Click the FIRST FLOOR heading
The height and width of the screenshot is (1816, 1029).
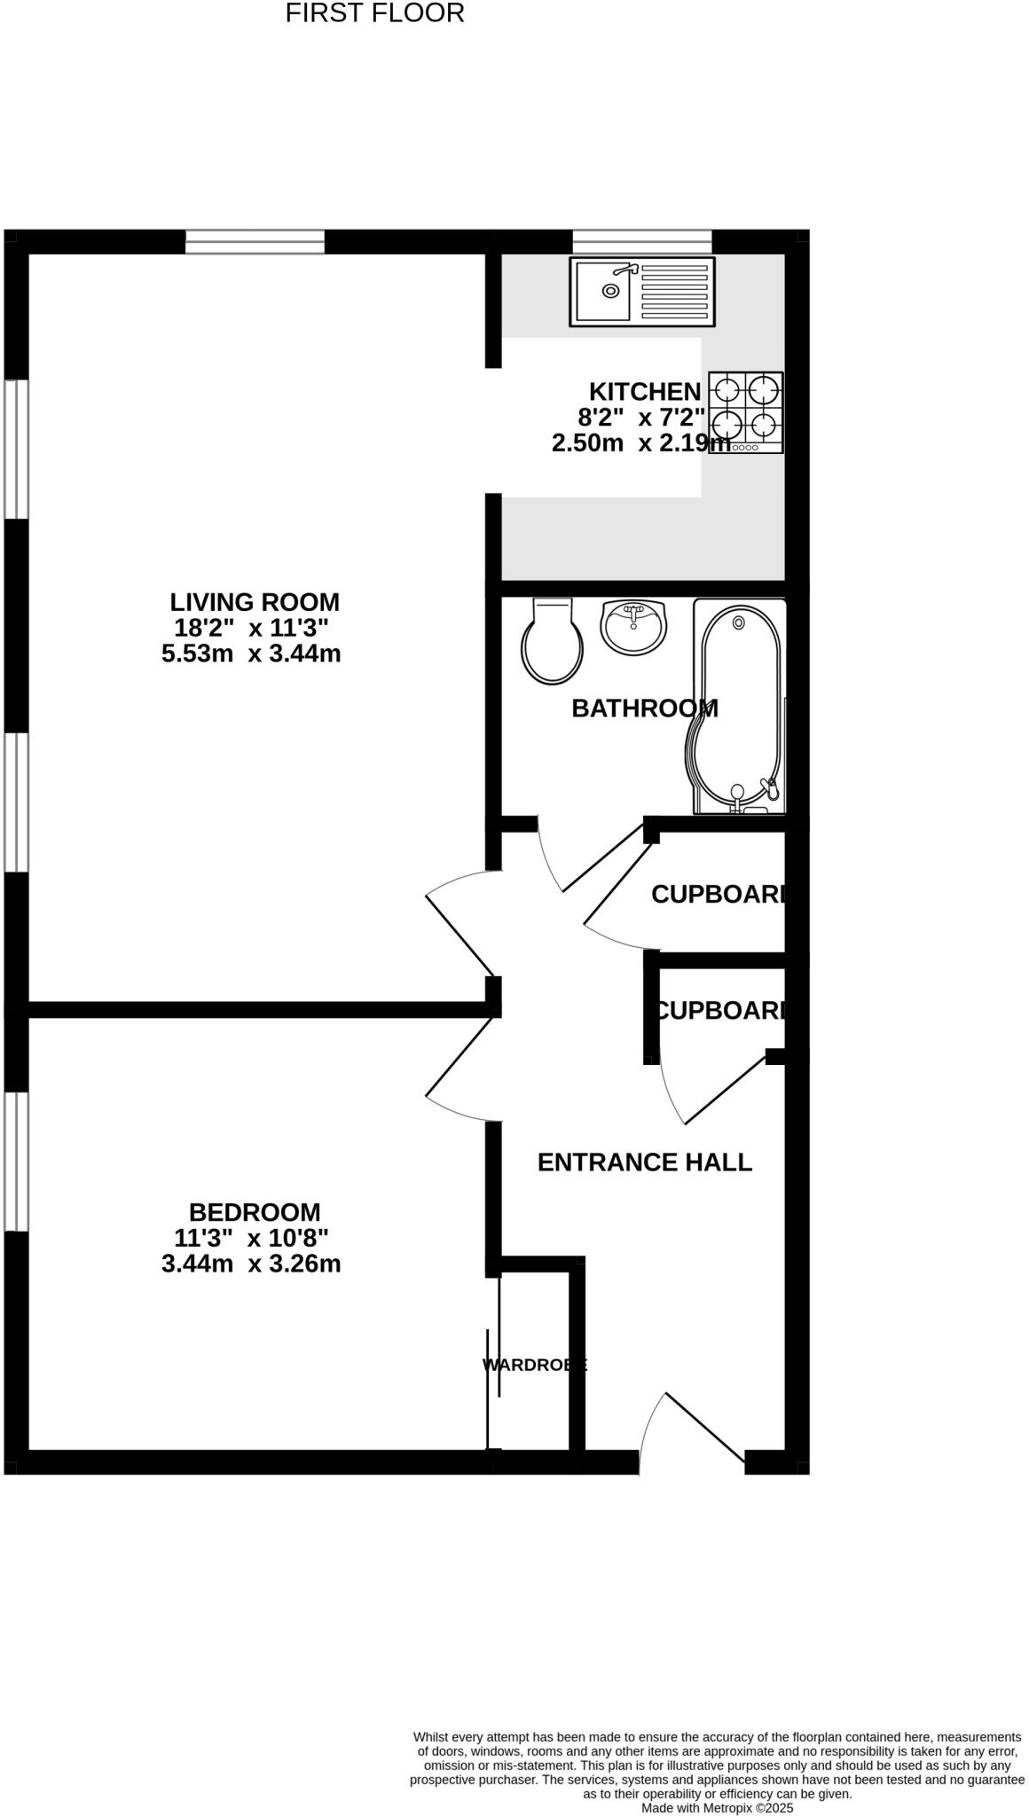point(374,13)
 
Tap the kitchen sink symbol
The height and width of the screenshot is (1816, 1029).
point(642,292)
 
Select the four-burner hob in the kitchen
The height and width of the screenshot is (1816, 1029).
point(746,412)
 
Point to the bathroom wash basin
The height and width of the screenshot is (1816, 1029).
point(632,625)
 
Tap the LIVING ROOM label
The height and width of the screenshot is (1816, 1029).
point(255,602)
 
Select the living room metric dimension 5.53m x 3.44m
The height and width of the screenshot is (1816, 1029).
point(251,654)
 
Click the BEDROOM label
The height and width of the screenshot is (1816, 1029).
point(255,1212)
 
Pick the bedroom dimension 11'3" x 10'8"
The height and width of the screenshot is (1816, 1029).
point(251,1238)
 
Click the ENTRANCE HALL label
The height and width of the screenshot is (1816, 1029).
point(645,1162)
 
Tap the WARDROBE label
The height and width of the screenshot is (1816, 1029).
point(534,1366)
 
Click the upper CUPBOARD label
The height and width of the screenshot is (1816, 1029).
point(718,895)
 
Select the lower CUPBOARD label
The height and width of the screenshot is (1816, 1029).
point(719,1010)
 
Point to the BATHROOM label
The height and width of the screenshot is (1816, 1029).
point(644,708)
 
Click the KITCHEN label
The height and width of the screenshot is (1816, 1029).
point(645,391)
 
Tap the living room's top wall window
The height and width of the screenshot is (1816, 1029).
point(255,241)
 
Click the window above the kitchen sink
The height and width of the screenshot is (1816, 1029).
point(642,241)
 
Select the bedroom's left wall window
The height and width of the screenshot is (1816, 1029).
point(15,1161)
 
